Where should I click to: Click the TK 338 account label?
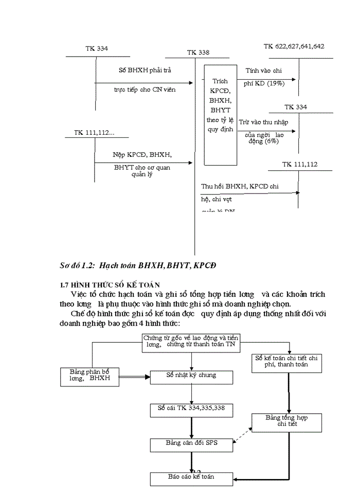point(198,52)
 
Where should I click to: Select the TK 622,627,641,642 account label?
point(294,46)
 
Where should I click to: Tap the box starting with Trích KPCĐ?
point(220,114)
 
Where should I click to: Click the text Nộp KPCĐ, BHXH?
point(142,154)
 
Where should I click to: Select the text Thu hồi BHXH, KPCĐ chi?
point(240,186)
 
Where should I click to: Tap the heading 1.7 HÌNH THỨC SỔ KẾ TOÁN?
point(110,284)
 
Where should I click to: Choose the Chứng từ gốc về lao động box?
point(191,342)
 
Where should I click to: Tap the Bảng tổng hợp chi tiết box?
point(287,422)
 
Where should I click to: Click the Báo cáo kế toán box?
point(191,478)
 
